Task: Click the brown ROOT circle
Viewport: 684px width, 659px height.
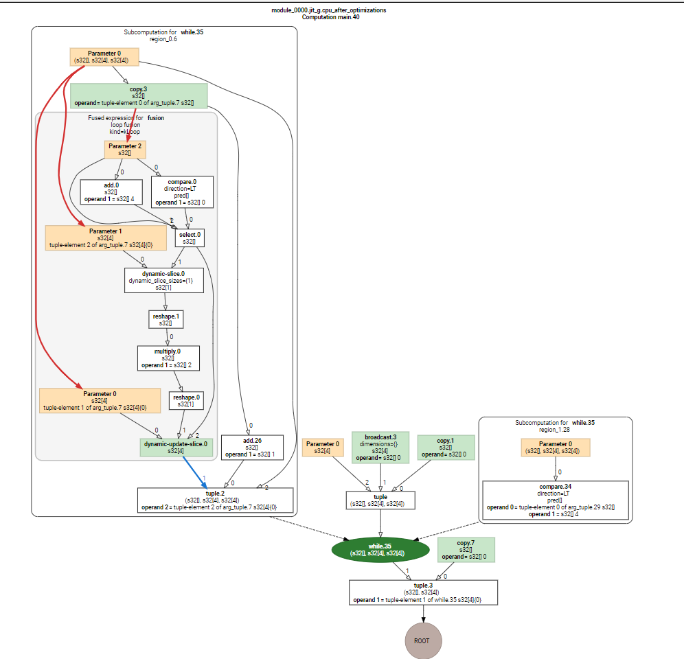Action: [x=422, y=640]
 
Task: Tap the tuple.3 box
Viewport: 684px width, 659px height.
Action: [x=423, y=592]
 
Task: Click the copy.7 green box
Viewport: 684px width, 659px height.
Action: [x=466, y=550]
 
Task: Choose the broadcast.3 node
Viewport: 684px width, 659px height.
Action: [x=380, y=446]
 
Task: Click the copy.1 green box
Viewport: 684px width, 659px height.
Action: [x=446, y=448]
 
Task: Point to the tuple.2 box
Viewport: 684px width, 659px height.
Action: [x=216, y=500]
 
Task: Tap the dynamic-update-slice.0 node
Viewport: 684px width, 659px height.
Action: [x=176, y=448]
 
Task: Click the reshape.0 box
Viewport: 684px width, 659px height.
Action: [x=186, y=401]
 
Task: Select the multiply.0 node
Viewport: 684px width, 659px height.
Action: [x=168, y=358]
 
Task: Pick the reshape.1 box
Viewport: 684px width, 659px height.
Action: [x=166, y=319]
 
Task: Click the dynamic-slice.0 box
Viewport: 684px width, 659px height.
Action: [x=163, y=280]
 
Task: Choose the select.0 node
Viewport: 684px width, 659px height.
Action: [x=189, y=238]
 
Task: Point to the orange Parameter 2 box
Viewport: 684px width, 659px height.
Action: [x=125, y=148]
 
